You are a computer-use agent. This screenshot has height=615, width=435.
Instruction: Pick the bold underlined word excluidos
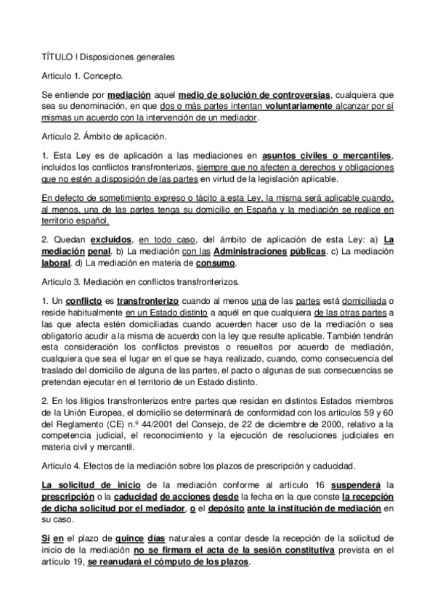point(111,240)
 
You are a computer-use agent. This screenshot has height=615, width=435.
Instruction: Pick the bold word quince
point(179,540)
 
